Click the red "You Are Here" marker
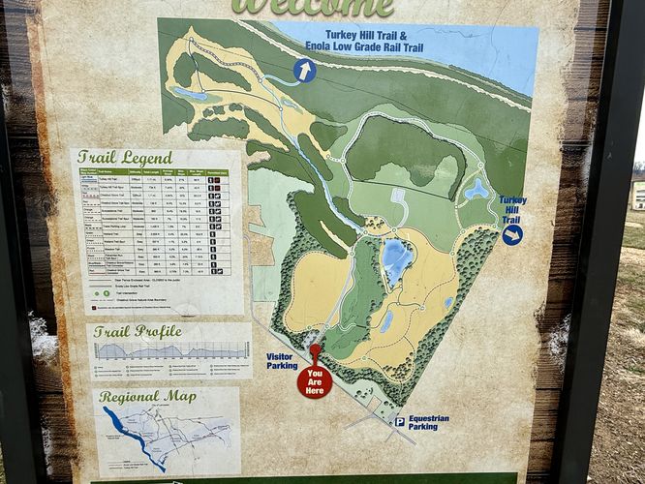click(314, 378)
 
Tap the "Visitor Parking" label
click(281, 361)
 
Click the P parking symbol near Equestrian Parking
click(398, 421)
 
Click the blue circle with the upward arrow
click(305, 70)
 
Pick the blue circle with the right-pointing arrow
click(512, 234)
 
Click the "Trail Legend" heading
click(125, 157)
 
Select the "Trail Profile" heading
click(138, 331)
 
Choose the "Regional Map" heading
click(147, 397)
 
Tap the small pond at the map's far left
click(189, 94)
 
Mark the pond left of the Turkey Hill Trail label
click(476, 190)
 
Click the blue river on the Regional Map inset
click(131, 435)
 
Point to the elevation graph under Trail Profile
click(169, 350)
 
